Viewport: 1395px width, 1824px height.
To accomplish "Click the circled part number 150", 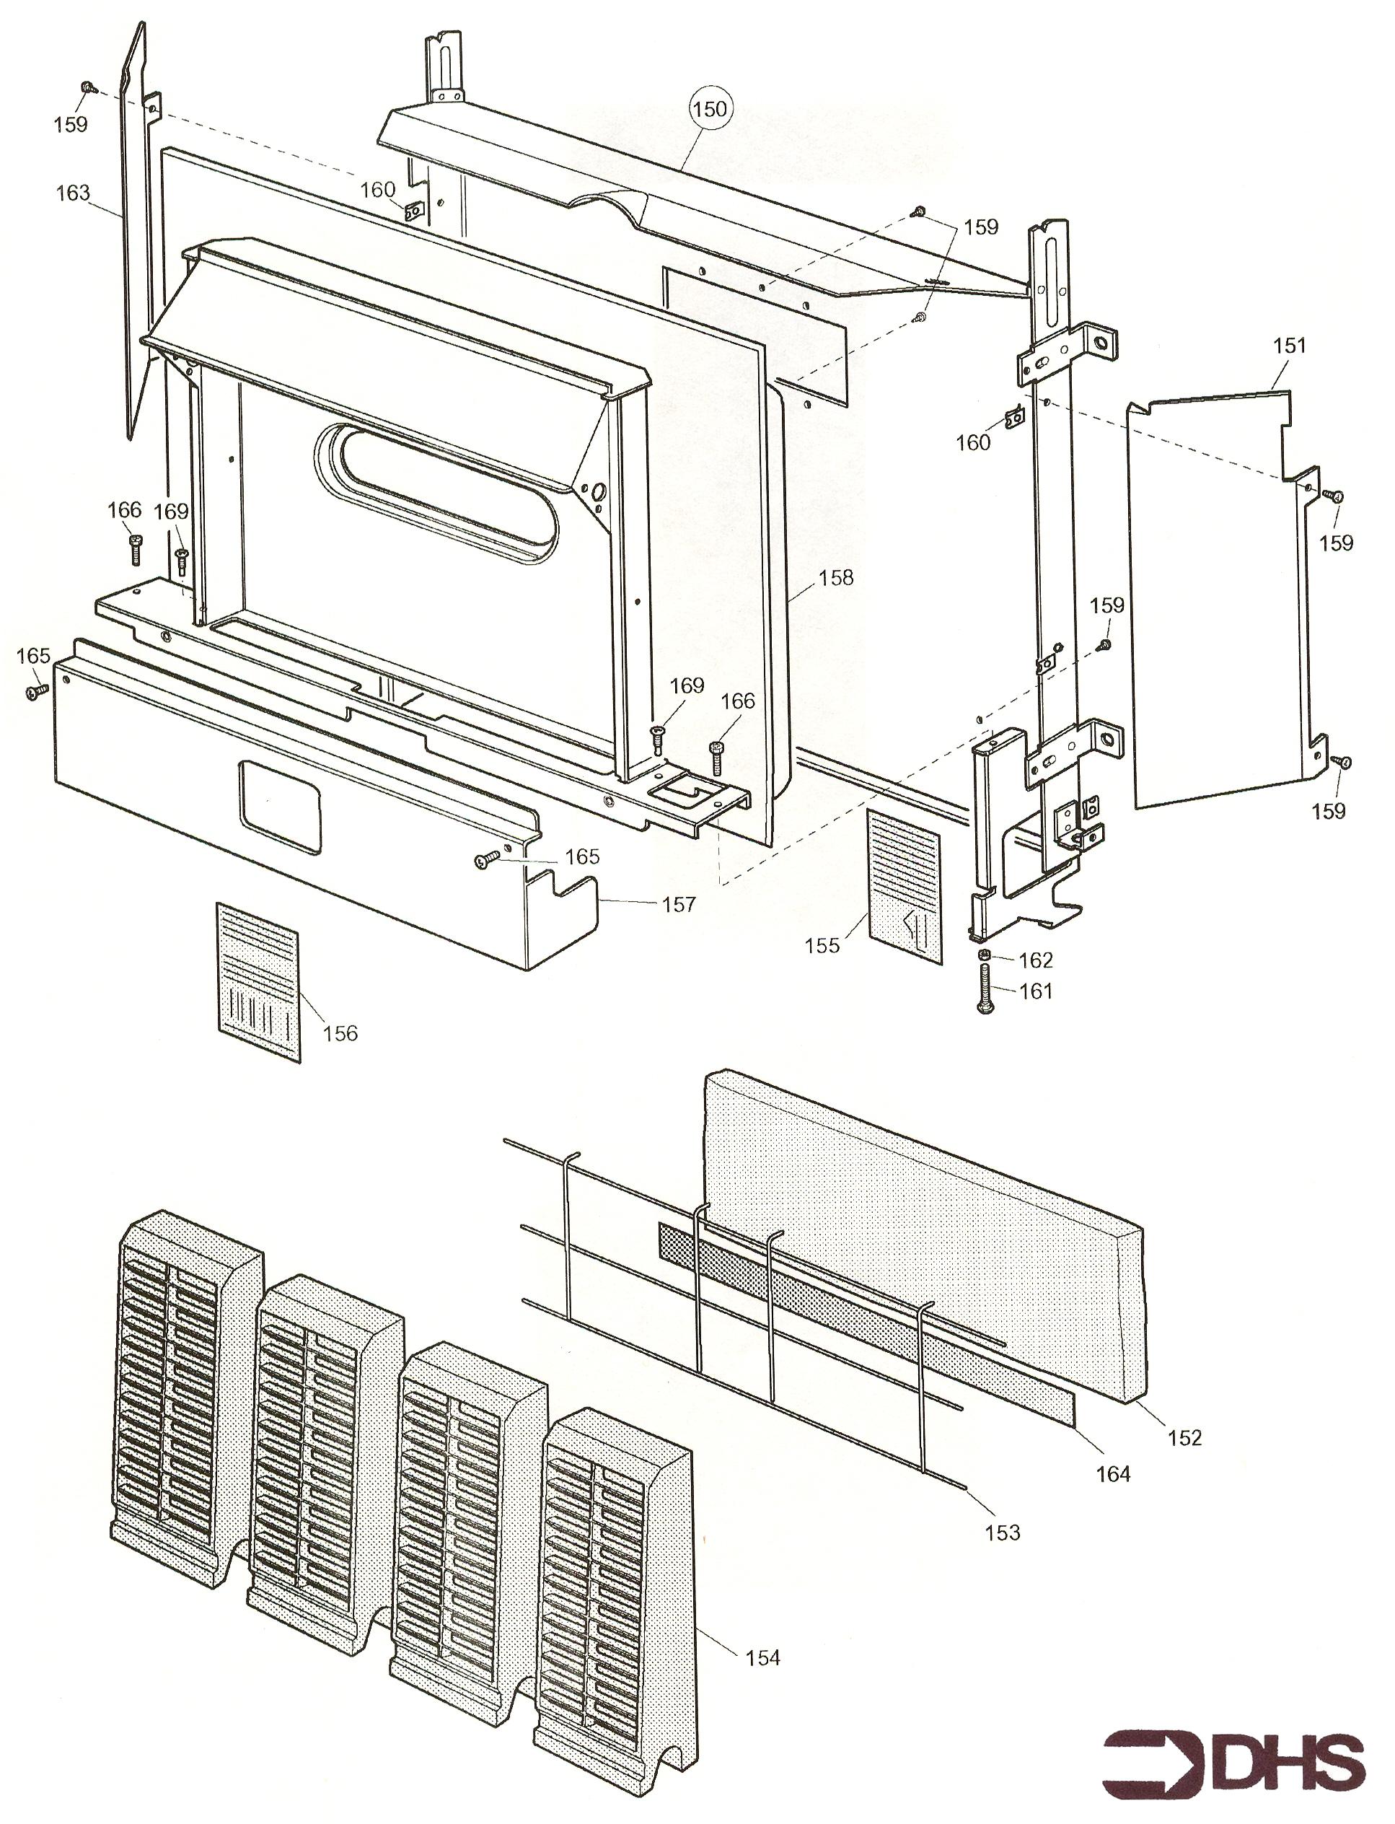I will click(x=710, y=109).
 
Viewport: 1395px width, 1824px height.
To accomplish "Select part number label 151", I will click(x=1289, y=346).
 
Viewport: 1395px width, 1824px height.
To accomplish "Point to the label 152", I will click(x=1184, y=1438).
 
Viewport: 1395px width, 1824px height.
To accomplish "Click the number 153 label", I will click(x=1002, y=1533).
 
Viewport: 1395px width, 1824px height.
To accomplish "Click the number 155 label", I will click(x=822, y=945).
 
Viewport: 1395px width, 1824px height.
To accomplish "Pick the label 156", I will click(x=340, y=1033).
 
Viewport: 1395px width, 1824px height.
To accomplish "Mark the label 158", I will click(x=835, y=577).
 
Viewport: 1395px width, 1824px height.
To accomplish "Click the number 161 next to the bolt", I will click(x=1036, y=991).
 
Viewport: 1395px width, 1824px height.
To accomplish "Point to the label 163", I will click(x=72, y=193).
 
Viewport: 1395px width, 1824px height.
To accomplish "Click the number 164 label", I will click(x=1113, y=1474).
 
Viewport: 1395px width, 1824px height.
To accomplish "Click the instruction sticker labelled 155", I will click(x=905, y=887).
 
